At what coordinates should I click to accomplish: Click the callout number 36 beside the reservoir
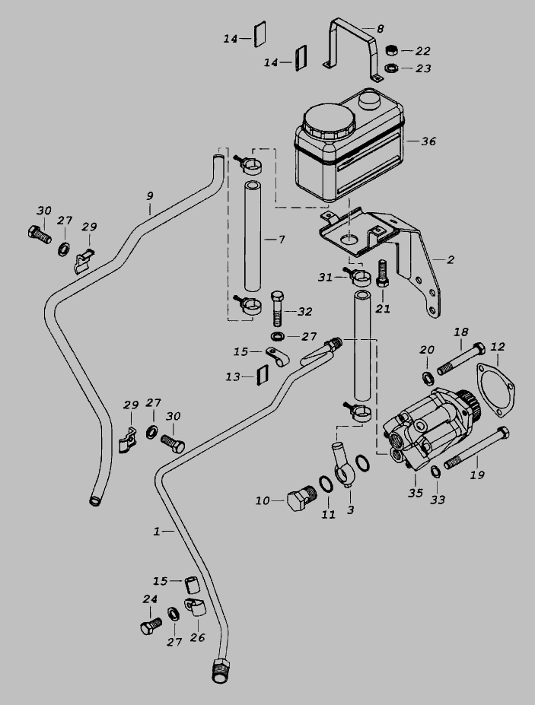(428, 141)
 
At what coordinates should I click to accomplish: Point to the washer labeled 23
(392, 68)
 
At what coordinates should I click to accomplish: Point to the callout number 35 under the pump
(416, 492)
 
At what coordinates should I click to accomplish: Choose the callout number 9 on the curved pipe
(150, 195)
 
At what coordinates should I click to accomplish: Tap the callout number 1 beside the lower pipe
(158, 532)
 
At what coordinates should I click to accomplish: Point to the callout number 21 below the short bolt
(383, 309)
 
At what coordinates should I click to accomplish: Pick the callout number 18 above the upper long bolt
(461, 332)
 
